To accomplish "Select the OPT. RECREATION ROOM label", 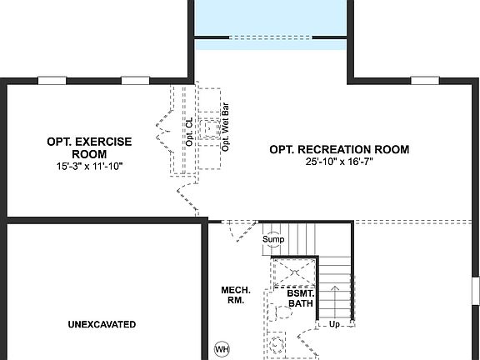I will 339,149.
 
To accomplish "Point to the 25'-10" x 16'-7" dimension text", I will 339,162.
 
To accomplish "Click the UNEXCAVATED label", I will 102,324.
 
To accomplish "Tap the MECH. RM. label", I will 232,295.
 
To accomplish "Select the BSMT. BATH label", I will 300,298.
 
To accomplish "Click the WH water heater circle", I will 222,348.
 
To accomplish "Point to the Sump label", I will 274,240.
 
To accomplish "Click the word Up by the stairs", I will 335,324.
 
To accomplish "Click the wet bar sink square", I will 209,129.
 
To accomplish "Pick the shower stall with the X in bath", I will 292,272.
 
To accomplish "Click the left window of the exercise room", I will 52,81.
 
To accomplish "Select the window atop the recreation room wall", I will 425,81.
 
